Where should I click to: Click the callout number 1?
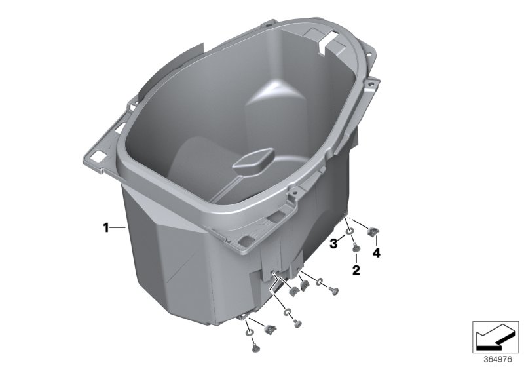104,227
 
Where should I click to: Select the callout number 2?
356,269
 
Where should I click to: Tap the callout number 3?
333,244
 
